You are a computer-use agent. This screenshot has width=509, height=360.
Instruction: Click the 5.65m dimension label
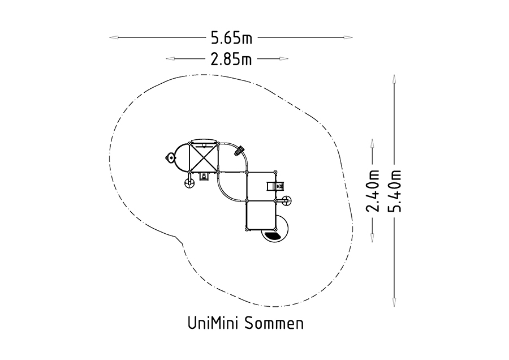pos(231,38)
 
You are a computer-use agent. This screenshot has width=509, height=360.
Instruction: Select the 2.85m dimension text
pos(231,59)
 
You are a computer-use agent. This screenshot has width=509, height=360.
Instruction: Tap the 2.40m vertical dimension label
pos(373,191)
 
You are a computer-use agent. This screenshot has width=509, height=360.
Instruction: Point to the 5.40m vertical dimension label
pos(395,191)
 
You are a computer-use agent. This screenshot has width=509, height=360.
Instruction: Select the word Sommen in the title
pos(274,323)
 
